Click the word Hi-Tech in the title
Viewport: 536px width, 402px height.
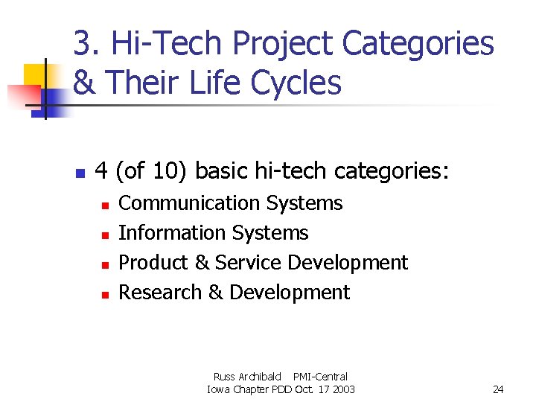(167, 45)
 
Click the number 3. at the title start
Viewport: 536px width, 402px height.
(87, 45)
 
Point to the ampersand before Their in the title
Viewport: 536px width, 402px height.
(85, 83)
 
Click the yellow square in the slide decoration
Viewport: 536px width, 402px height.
(35, 75)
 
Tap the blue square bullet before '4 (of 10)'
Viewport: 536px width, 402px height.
(80, 174)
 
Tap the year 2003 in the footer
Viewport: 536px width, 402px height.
(342, 389)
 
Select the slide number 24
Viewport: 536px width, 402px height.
(498, 389)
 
